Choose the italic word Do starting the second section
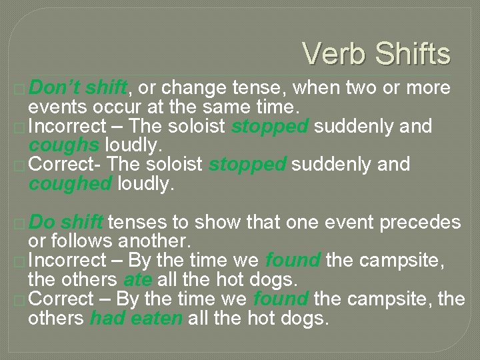click(44, 222)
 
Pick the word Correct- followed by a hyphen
click(65, 164)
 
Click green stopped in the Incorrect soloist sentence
click(269, 126)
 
